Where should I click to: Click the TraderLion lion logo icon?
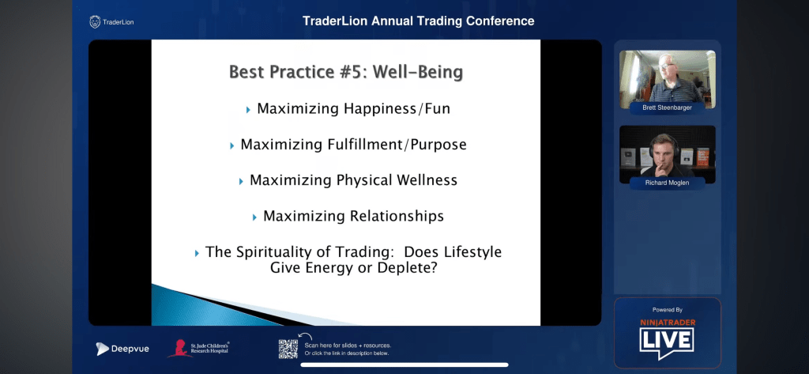pos(95,21)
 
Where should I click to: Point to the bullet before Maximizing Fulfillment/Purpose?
pos(232,146)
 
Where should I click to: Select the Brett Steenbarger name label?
pos(667,108)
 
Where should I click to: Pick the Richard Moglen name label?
pos(667,183)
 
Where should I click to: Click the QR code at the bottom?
pos(288,349)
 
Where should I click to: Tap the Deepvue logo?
pos(122,349)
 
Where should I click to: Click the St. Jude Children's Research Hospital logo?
pos(198,349)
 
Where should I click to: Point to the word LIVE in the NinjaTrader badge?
pos(667,341)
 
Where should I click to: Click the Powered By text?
pos(667,310)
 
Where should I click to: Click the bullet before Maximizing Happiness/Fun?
pos(249,110)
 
